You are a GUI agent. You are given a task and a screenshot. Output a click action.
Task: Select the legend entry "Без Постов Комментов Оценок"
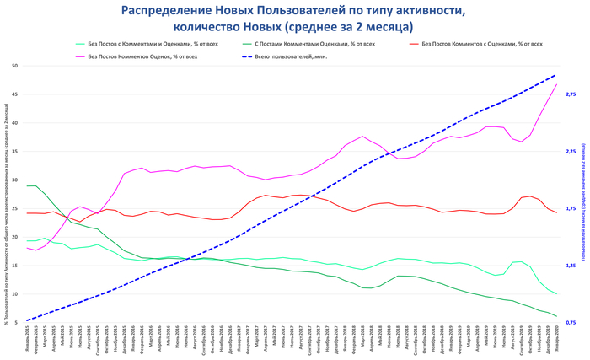pos(142,56)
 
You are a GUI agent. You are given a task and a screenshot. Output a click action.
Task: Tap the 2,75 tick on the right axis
pos(571,94)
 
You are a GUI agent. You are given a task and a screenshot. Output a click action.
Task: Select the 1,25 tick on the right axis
pos(571,266)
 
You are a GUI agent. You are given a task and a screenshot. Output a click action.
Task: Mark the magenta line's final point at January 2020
pos(556,84)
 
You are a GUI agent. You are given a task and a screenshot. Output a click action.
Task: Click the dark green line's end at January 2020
pos(556,316)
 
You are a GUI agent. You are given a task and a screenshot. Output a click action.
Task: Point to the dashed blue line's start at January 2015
pos(27,320)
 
